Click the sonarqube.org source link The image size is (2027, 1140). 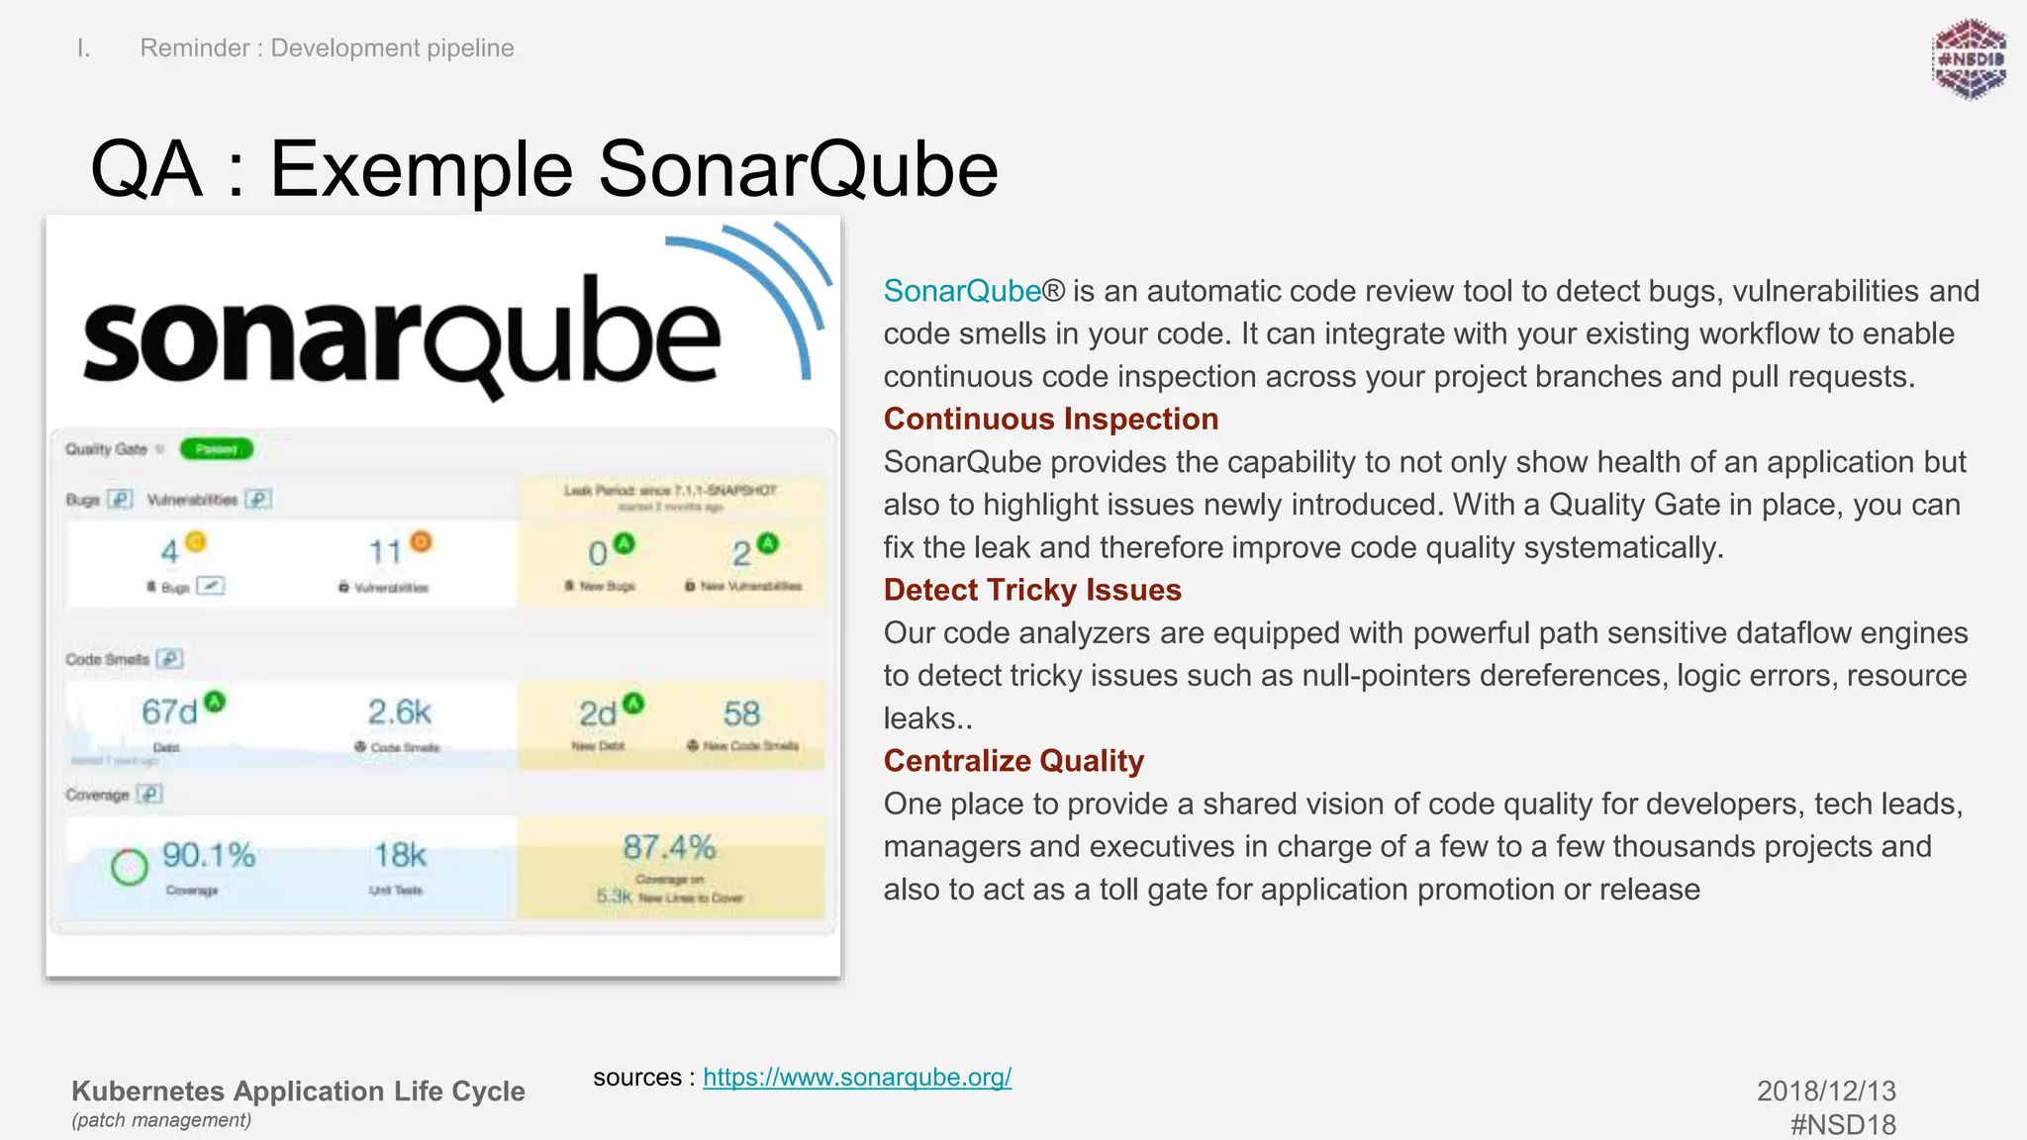[856, 1077]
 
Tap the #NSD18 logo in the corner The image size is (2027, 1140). [1969, 59]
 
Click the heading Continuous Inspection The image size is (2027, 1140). [1050, 419]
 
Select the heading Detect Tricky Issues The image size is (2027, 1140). [1031, 590]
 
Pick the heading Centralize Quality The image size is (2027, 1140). [1013, 761]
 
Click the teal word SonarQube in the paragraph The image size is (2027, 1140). [961, 291]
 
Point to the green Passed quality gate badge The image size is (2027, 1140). [217, 449]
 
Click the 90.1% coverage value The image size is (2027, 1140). [208, 855]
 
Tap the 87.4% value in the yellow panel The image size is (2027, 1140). [669, 847]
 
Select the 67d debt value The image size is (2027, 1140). [169, 712]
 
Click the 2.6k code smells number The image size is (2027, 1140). [399, 712]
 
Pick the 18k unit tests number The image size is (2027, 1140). [400, 855]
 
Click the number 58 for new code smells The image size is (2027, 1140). [741, 713]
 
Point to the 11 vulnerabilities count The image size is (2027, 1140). [384, 551]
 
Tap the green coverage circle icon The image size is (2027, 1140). [129, 867]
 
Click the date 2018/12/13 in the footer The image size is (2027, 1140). [1825, 1091]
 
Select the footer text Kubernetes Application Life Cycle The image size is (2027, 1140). [298, 1091]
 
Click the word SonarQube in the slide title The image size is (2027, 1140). [798, 168]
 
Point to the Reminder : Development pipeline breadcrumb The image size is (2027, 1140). [327, 47]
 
